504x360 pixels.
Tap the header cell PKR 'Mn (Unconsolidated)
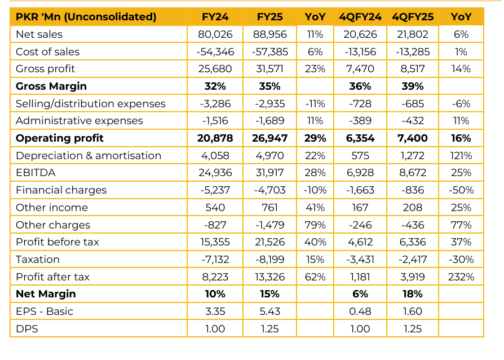[x=86, y=17]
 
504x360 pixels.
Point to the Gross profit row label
[x=46, y=69]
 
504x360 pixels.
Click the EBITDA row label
[x=36, y=173]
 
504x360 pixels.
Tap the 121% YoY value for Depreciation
[x=461, y=156]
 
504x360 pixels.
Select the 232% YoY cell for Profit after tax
[x=461, y=277]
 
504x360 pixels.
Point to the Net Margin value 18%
[x=413, y=294]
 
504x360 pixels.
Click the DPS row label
[x=27, y=329]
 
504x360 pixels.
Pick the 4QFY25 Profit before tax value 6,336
[x=413, y=242]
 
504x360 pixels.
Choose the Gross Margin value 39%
[x=413, y=86]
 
